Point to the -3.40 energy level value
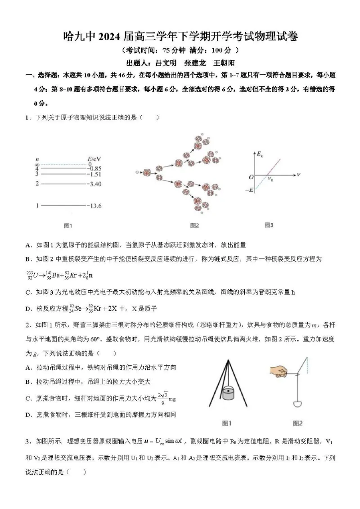94,184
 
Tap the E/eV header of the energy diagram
94,158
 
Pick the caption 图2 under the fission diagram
194,225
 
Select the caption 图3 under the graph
269,225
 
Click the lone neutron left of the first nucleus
137,172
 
